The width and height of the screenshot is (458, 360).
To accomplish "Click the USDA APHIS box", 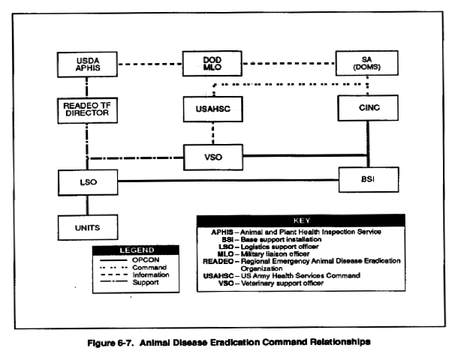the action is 87,64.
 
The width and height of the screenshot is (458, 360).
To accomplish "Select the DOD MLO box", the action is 212,64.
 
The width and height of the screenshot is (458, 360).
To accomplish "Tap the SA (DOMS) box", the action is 367,63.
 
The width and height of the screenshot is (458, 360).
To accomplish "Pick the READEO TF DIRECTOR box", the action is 87,110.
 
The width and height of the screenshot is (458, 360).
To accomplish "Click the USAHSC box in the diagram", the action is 213,109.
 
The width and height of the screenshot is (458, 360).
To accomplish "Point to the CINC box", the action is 368,108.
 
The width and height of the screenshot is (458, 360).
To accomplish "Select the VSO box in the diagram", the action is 213,157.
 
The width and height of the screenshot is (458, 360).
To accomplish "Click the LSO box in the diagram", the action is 88,182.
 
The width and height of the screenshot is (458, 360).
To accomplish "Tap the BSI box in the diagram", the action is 369,180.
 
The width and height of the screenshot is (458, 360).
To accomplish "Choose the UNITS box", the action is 88,227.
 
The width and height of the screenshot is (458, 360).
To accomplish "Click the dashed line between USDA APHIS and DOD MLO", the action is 150,64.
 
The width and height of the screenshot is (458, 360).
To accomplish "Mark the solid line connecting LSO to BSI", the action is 228,181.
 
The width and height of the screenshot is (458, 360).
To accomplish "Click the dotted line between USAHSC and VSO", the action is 213,133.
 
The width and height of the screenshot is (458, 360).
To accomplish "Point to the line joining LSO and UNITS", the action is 87,205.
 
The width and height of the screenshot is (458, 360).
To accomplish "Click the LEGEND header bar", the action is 136,250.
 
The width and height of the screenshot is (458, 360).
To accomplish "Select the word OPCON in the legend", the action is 146,260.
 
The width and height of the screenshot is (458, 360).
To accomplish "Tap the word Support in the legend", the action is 146,283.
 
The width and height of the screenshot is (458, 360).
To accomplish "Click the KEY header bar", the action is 301,220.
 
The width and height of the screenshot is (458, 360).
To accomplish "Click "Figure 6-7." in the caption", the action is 110,343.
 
